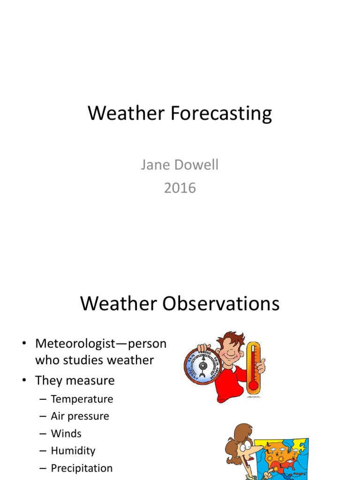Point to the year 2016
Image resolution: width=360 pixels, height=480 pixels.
pos(180,188)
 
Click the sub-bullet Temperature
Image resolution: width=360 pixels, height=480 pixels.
pos(82,399)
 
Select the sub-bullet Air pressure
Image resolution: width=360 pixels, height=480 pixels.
pos(80,416)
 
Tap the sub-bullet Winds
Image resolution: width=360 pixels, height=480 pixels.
pos(66,434)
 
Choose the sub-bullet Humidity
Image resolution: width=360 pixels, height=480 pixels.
pos(73,451)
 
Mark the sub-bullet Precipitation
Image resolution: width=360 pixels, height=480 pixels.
pos(82,468)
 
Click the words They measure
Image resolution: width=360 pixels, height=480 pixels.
pos(75,380)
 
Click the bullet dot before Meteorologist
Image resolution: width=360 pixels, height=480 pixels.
pos(22,344)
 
